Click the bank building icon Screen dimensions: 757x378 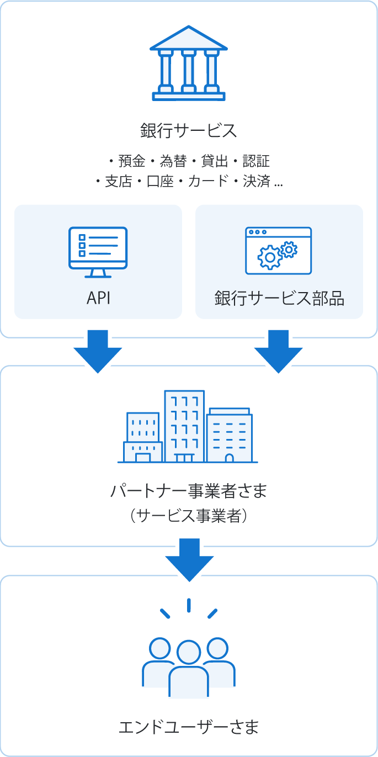(x=189, y=63)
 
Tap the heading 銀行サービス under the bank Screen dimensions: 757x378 (x=189, y=131)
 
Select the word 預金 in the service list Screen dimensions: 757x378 (x=132, y=161)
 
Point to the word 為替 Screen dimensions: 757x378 (x=173, y=161)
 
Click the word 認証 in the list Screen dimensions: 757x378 (x=256, y=161)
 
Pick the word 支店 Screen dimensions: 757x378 (x=119, y=181)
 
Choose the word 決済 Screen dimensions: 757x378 (x=256, y=181)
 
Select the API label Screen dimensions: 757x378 (x=98, y=299)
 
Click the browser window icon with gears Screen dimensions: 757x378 (x=279, y=250)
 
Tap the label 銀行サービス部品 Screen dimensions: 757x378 (x=279, y=299)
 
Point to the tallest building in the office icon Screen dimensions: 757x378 (x=184, y=425)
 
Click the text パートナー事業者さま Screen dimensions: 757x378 (x=189, y=490)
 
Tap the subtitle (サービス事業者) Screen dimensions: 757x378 (x=189, y=516)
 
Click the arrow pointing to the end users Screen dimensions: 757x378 (x=189, y=559)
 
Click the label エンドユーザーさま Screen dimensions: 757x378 (x=189, y=727)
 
